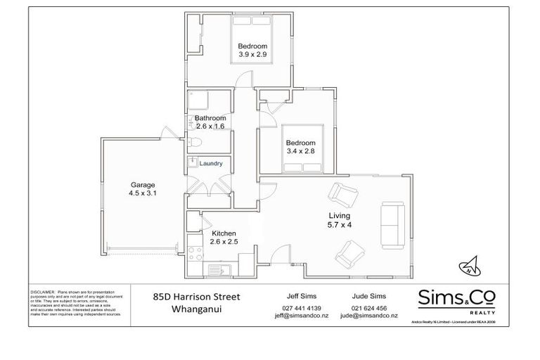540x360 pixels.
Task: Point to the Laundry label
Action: click(211, 164)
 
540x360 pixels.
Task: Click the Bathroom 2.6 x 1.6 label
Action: click(210, 122)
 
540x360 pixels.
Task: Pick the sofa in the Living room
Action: click(390, 224)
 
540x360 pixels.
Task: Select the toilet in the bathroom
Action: click(196, 143)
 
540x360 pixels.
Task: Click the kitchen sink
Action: click(217, 269)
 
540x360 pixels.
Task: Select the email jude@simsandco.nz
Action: click(368, 316)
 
